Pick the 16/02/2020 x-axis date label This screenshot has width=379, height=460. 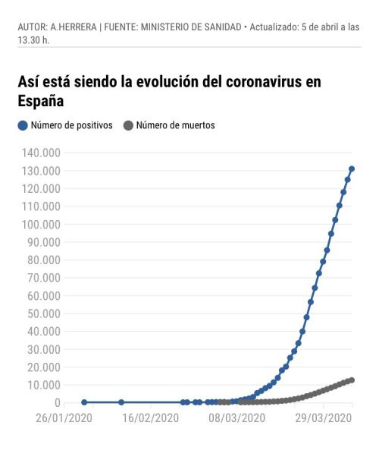[x=150, y=417]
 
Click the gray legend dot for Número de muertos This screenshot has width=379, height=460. [x=128, y=125]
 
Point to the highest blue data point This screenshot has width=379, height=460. [x=352, y=169]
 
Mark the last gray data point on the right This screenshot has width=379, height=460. [x=352, y=380]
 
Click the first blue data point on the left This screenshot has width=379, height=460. [x=84, y=402]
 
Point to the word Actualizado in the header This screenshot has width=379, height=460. [x=277, y=28]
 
